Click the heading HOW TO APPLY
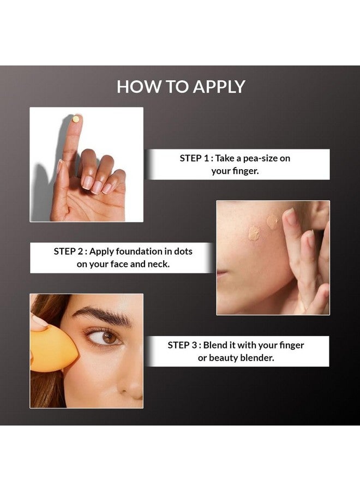pos(181,87)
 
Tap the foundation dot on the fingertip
pos(76,118)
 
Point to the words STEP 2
pos(68,252)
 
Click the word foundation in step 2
pos(143,252)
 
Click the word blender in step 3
pos(259,358)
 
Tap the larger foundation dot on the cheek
pos(254,233)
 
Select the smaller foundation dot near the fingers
pos(272,221)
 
